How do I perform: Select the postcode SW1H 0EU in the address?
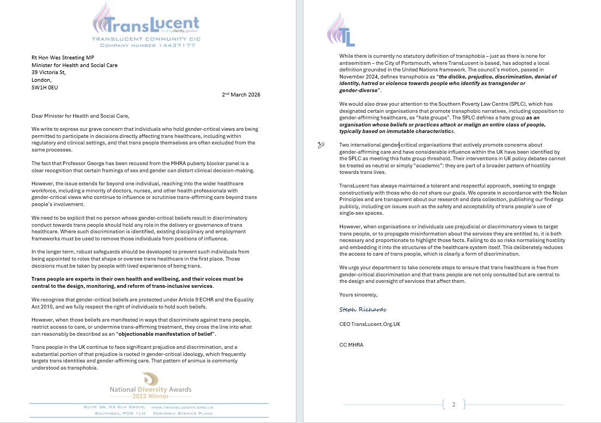pos(45,86)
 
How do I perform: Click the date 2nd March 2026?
pos(241,94)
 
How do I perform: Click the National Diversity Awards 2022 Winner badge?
pos(150,386)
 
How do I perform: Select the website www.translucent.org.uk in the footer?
pos(182,407)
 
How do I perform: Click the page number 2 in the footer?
pos(453,404)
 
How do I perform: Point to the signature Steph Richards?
pos(362,309)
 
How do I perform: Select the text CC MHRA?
pos(351,345)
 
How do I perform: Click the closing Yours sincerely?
pos(358,294)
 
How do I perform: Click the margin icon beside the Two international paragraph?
pos(321,144)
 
